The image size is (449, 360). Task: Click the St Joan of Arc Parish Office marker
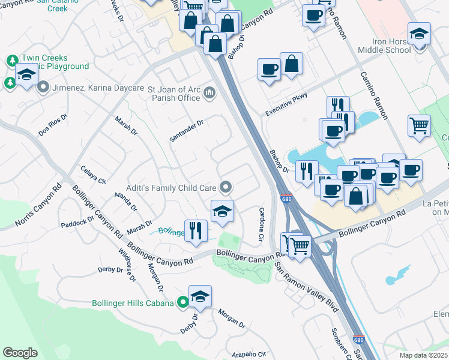click(x=209, y=92)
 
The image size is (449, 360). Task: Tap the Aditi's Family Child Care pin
click(x=226, y=188)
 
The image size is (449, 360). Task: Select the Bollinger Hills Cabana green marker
click(x=183, y=303)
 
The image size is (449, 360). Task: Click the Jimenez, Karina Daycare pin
click(x=43, y=88)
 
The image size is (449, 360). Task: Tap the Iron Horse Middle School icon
click(x=418, y=34)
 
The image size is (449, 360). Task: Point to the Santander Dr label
click(x=187, y=130)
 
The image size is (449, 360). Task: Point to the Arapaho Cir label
click(x=249, y=353)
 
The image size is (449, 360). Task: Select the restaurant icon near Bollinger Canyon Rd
click(x=196, y=231)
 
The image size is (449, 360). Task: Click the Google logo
click(x=20, y=353)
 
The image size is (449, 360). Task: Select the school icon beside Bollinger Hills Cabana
click(x=200, y=296)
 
